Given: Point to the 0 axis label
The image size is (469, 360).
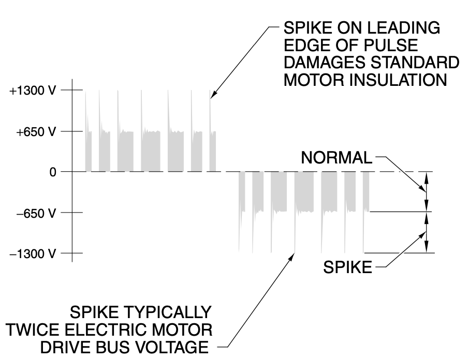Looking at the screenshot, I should point(53,172).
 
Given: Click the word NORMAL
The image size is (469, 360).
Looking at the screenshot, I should point(336,158).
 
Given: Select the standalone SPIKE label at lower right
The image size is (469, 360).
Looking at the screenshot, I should point(348,268).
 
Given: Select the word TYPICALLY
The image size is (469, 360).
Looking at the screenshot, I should point(171,312).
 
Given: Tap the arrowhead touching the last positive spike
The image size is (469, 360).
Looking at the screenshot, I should point(212,95).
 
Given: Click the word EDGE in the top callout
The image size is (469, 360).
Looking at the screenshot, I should point(302,44).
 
